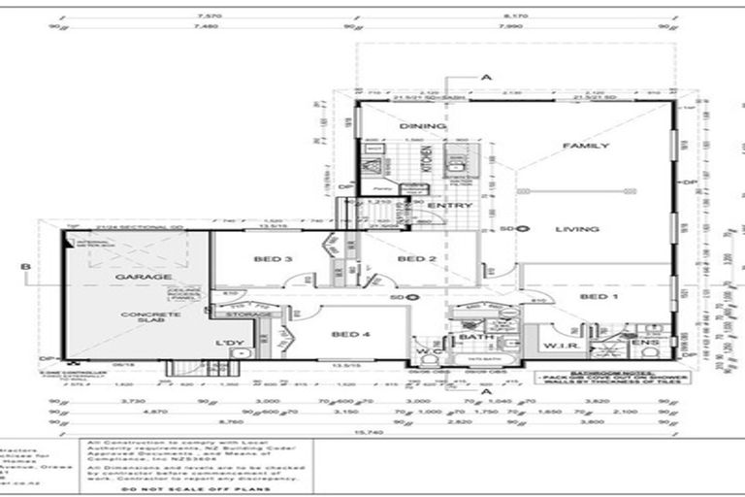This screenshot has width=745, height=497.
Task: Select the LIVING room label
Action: pyautogui.click(x=579, y=229)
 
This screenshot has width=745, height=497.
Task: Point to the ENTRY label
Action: pyautogui.click(x=456, y=206)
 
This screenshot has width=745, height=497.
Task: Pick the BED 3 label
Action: pyautogui.click(x=275, y=259)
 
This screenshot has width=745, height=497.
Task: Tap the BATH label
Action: pyautogui.click(x=470, y=337)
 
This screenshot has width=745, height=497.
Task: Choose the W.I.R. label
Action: pyautogui.click(x=561, y=346)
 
